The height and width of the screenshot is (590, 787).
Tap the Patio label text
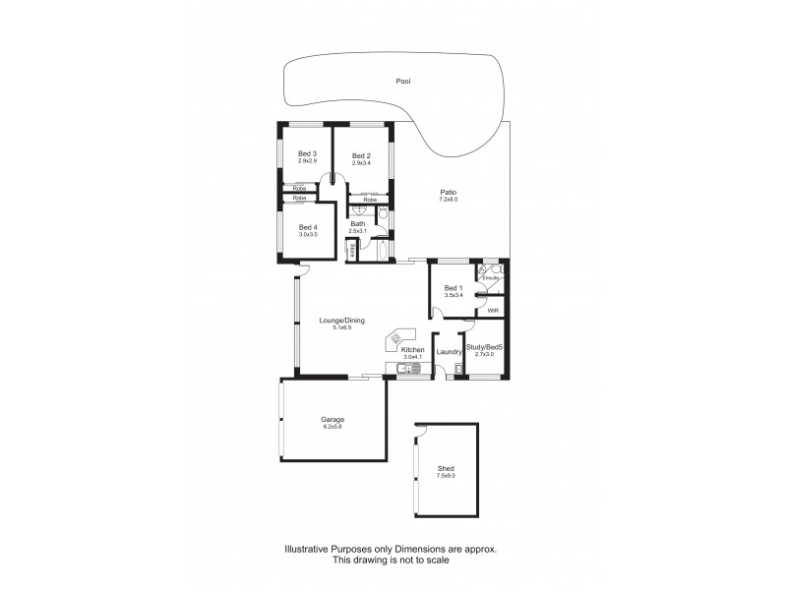448,193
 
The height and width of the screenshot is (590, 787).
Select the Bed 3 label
307,154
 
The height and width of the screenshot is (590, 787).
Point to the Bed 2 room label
361,155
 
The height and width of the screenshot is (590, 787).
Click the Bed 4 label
308,227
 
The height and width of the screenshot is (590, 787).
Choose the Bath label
358,223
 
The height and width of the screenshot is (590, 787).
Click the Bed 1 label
454,288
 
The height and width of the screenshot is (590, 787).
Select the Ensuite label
491,277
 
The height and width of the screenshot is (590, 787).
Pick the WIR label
493,312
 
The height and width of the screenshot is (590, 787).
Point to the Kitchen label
412,350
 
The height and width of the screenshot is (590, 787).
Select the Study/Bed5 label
484,347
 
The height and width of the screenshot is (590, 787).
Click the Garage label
333,419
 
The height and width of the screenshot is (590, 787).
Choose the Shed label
446,469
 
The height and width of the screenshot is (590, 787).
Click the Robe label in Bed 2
370,200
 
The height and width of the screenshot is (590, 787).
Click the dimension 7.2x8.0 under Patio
448,200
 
